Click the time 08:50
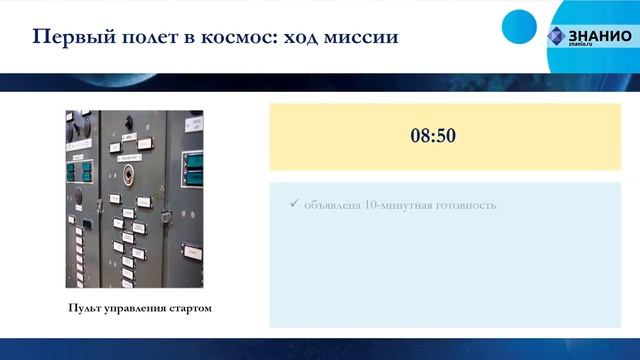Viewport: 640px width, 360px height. (x=433, y=135)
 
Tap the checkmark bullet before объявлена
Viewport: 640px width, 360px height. (x=293, y=205)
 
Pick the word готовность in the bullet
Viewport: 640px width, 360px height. (x=468, y=206)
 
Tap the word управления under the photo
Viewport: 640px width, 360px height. (x=136, y=308)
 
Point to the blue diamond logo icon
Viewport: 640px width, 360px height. (x=555, y=36)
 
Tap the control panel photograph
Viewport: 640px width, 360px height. (x=135, y=200)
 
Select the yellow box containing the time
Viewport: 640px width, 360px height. (x=433, y=135)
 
